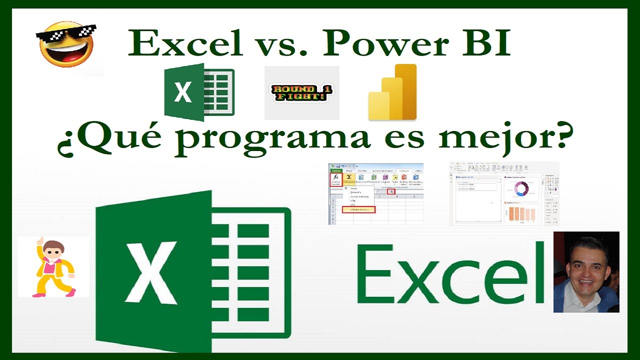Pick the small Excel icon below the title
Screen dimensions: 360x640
click(x=198, y=92)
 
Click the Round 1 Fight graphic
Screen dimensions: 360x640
click(x=301, y=93)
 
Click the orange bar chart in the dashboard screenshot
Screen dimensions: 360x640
click(x=521, y=213)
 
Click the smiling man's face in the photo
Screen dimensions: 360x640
click(x=585, y=265)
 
